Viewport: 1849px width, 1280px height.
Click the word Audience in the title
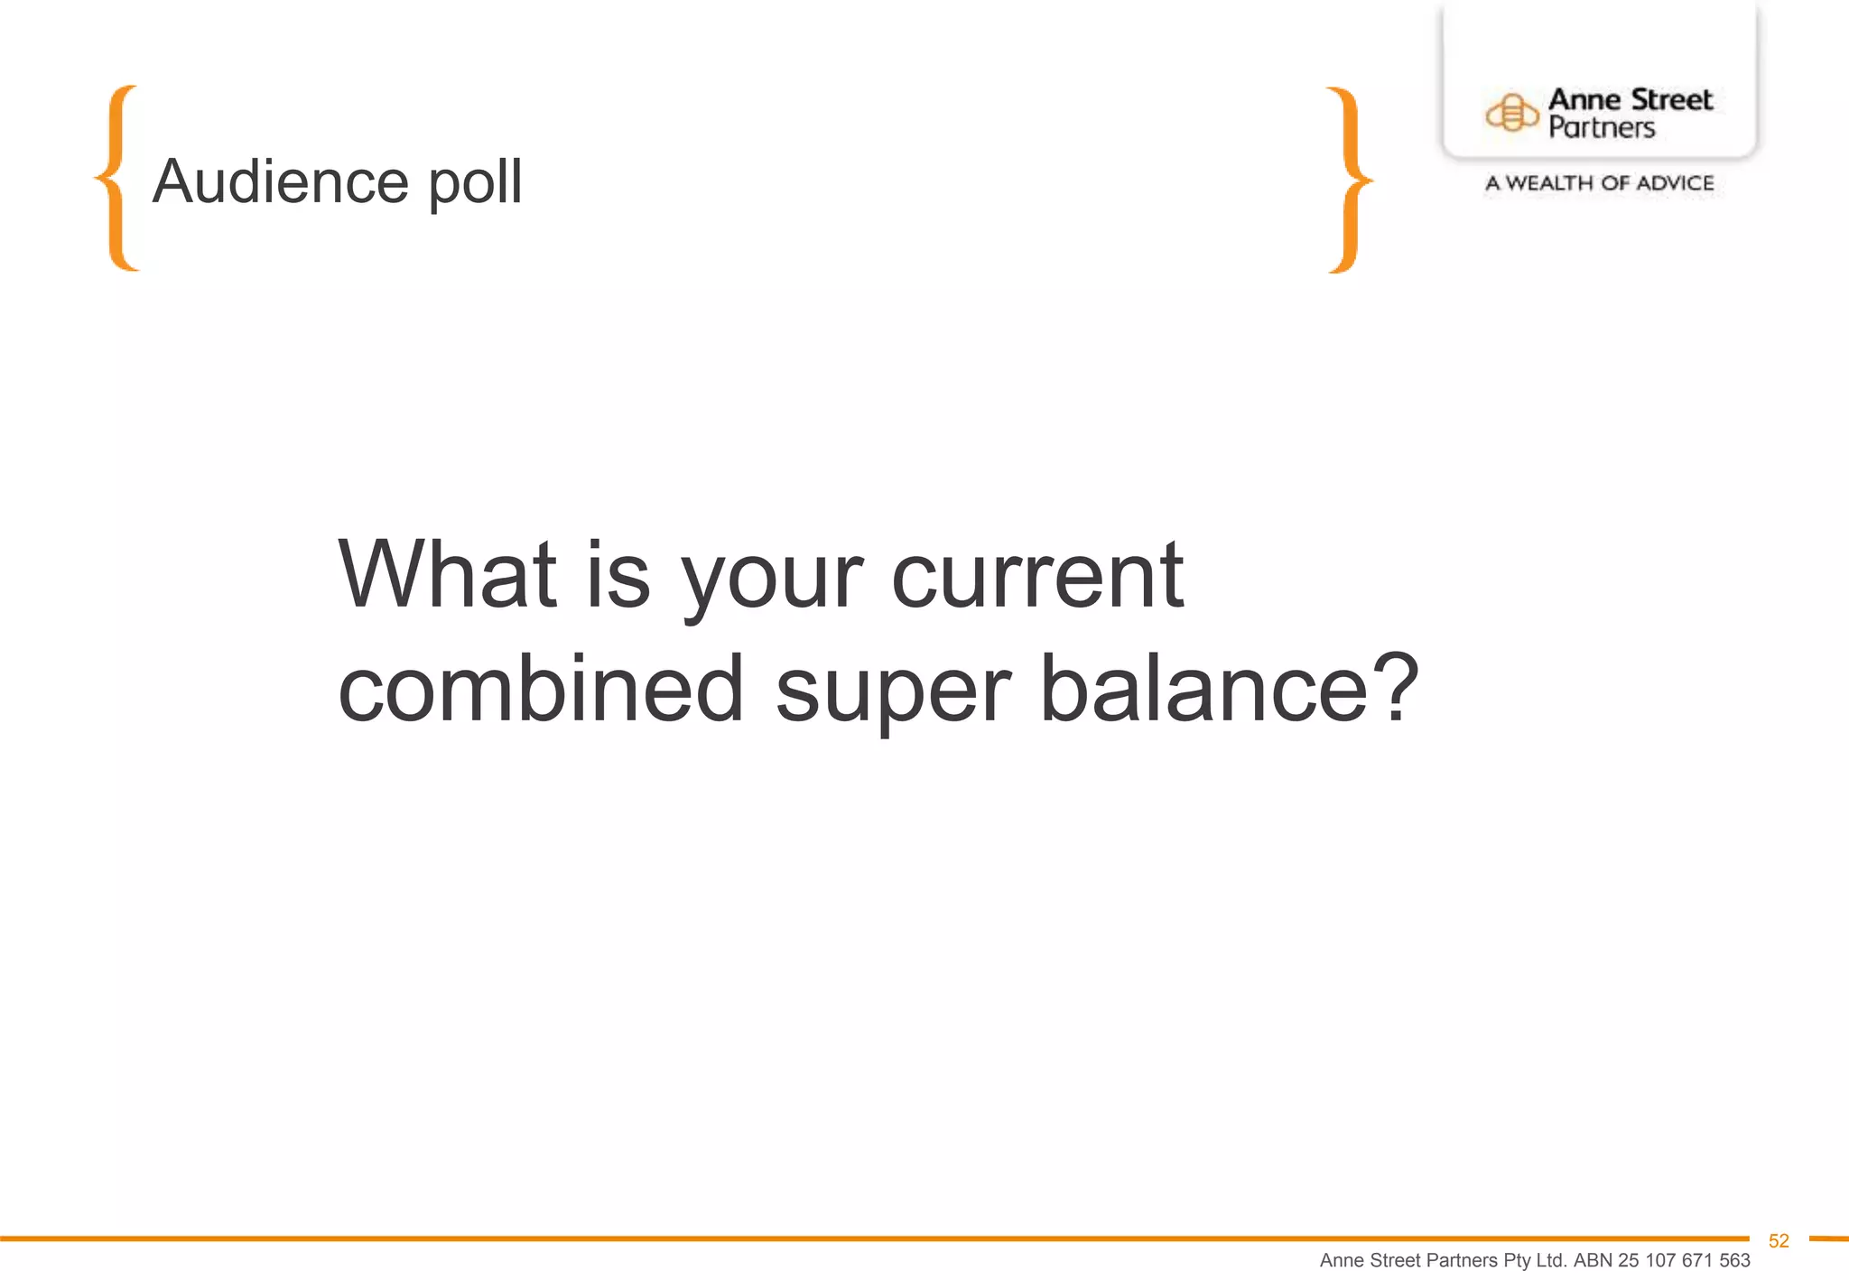[280, 181]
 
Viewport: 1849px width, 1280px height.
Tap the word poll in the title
[475, 183]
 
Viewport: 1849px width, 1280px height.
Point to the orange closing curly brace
[1349, 180]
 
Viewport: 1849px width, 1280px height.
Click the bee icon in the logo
[1511, 114]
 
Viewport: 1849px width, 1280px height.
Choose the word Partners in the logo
[1602, 128]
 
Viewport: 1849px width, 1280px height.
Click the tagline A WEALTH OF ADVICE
[1600, 183]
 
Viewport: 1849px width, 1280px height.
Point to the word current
[1037, 575]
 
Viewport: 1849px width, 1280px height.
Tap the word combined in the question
[541, 688]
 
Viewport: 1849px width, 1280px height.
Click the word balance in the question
[1204, 688]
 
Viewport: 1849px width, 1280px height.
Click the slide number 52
[1779, 1241]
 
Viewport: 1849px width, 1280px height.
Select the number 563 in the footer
[1733, 1260]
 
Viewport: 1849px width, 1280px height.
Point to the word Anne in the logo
[1584, 99]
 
